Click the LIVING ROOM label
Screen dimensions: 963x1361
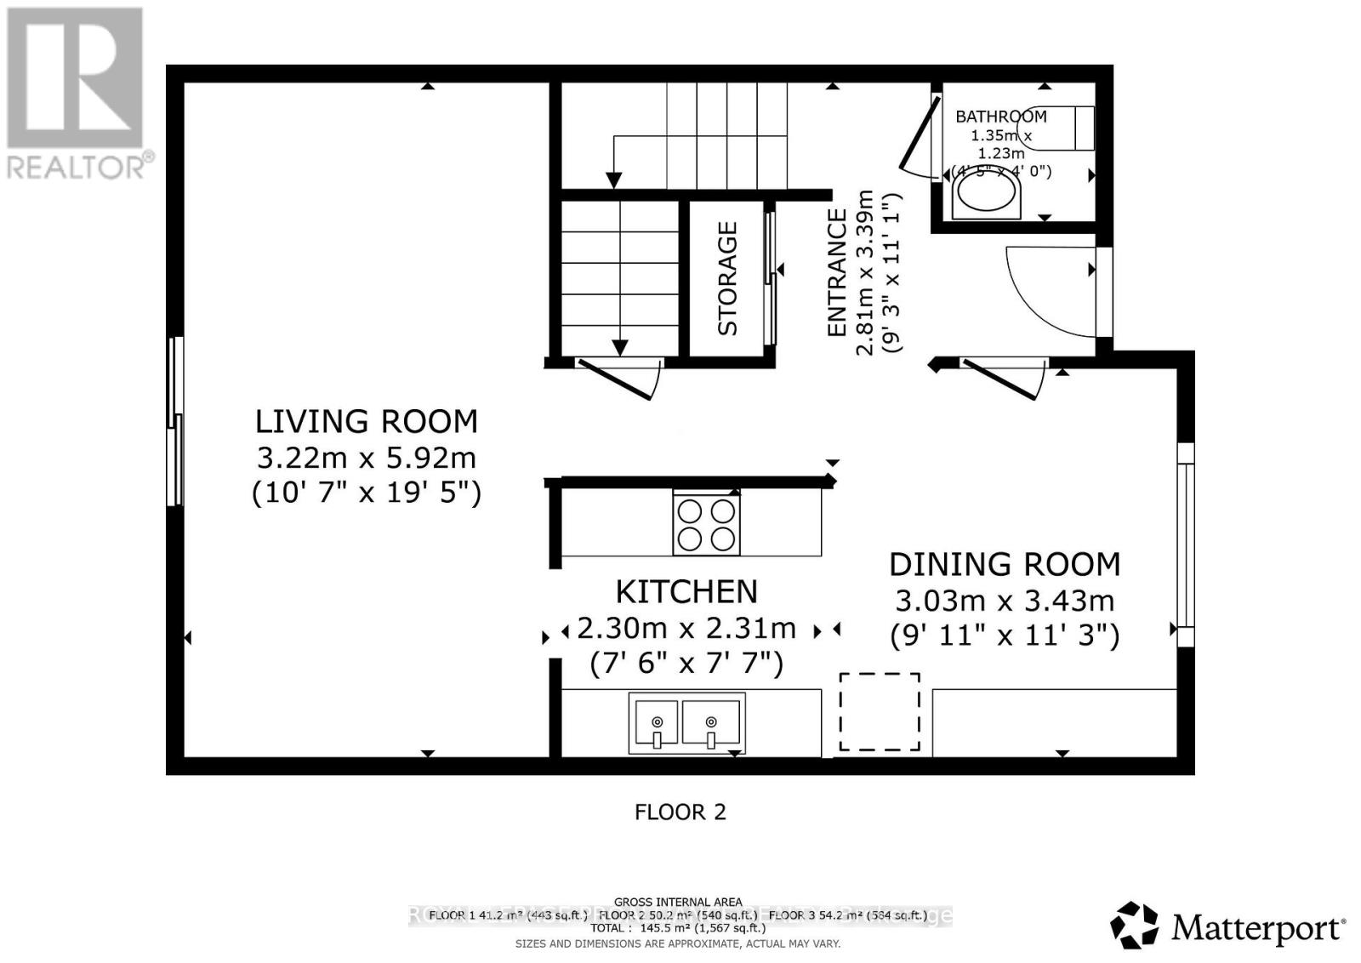click(x=367, y=421)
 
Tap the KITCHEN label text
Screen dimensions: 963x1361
click(x=686, y=591)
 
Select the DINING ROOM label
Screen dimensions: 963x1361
click(x=1005, y=564)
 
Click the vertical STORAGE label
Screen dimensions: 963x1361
click(x=727, y=278)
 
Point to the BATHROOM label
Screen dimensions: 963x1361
click(x=1000, y=117)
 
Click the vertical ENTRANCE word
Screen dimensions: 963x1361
click(x=838, y=272)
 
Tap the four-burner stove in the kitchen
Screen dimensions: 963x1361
click(x=706, y=525)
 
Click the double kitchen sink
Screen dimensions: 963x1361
click(x=686, y=722)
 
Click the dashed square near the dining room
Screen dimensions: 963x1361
click(x=880, y=711)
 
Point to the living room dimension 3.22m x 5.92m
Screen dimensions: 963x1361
click(x=367, y=458)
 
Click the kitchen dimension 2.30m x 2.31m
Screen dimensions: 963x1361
click(x=686, y=629)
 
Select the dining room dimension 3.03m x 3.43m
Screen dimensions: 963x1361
click(x=1005, y=601)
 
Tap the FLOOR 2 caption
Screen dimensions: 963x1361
click(x=680, y=812)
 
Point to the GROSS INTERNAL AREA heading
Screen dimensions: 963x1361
click(x=678, y=902)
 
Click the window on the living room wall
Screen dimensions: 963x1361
click(x=175, y=421)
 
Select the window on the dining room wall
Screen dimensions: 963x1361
click(x=1185, y=544)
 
